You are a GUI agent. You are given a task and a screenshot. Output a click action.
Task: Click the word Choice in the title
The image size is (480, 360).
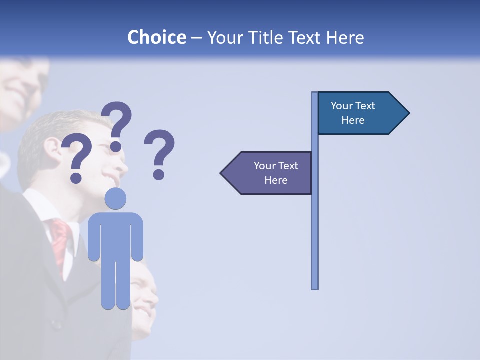coord(156,37)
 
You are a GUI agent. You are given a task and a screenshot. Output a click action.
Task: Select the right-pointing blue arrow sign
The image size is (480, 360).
coord(360,113)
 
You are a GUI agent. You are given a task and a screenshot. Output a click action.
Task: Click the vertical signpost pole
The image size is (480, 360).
coord(315,225)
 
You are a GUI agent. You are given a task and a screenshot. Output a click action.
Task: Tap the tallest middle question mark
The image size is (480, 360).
coord(117,122)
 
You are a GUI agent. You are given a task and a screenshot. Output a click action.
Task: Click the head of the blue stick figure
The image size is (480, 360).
coord(115,198)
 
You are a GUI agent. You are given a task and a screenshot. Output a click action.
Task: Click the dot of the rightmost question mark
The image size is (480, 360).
coord(159,174)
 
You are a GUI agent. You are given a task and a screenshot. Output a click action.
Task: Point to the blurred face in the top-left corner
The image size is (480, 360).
coord(22,85)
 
